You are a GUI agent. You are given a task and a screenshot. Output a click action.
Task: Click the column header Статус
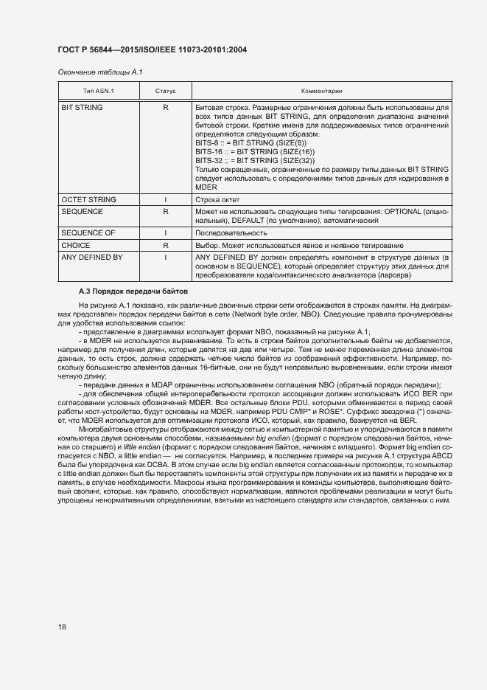[166, 92]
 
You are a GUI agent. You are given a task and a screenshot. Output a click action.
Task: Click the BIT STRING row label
[83, 108]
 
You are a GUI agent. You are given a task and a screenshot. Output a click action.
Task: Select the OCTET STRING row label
[88, 200]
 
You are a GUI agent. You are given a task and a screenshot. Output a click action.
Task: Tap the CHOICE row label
[76, 244]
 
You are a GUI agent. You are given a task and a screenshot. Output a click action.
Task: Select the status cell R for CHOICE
[166, 244]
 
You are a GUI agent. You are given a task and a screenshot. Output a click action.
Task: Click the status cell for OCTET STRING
[166, 200]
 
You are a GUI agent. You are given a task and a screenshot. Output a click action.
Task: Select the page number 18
[62, 627]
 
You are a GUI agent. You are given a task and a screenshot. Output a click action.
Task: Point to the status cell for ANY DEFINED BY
[166, 257]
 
